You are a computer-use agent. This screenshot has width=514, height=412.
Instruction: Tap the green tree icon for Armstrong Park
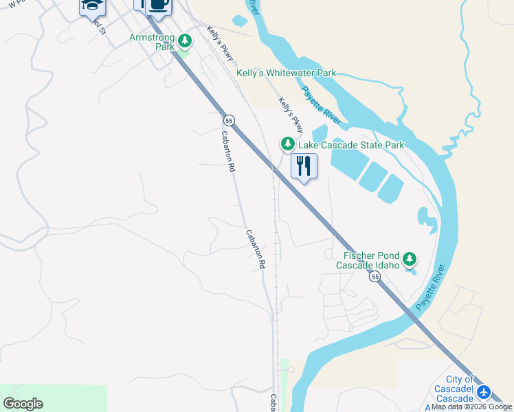pos(184,41)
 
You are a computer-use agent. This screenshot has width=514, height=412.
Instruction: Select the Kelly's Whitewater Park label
pos(286,73)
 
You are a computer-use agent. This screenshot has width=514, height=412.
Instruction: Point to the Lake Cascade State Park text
pos(350,145)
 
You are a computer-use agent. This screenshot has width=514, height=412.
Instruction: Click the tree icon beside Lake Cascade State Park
pos(287,144)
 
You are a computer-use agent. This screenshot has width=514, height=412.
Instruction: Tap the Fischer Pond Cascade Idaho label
pos(368,260)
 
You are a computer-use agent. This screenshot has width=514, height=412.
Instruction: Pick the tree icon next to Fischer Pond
pos(410,259)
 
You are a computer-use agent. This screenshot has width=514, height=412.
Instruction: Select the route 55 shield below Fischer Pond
pos(374,276)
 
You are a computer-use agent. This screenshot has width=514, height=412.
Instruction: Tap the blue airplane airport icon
pos(484,392)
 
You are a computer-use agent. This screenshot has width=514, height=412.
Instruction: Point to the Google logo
pos(23,404)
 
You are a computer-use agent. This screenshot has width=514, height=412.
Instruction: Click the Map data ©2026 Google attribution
pos(472,407)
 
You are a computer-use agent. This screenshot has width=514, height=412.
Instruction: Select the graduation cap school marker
pos(91,5)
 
